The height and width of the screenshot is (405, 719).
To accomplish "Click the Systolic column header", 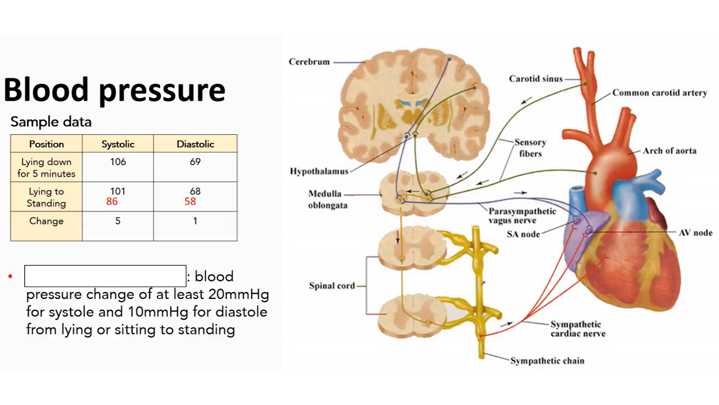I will (x=118, y=144).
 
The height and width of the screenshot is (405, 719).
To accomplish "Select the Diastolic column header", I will (x=195, y=144).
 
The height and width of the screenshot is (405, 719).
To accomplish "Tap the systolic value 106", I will (x=118, y=162).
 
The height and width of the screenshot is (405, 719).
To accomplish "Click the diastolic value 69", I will (x=195, y=162).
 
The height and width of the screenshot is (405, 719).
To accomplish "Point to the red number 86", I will (x=112, y=202).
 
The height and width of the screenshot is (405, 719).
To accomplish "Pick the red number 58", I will (x=190, y=202).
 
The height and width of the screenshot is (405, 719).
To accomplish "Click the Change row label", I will (x=46, y=221).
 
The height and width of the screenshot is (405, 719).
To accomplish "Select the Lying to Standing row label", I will (x=46, y=197).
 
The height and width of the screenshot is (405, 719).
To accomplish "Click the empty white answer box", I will (x=105, y=276).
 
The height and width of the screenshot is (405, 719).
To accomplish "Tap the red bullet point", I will (x=10, y=276).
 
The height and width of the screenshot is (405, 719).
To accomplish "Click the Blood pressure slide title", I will (x=114, y=90).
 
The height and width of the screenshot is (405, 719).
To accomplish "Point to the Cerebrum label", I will (x=309, y=62).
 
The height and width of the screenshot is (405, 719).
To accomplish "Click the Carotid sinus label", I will (x=536, y=79).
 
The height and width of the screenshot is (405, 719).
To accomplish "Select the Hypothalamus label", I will (x=319, y=171).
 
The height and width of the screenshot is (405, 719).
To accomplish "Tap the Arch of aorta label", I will (x=670, y=151).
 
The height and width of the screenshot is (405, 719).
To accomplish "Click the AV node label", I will (x=695, y=233).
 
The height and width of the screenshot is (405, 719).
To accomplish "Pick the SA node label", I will (x=523, y=234).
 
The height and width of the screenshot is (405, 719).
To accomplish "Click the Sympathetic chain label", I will (x=547, y=361).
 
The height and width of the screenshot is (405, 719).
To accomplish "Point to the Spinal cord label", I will (x=332, y=286).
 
